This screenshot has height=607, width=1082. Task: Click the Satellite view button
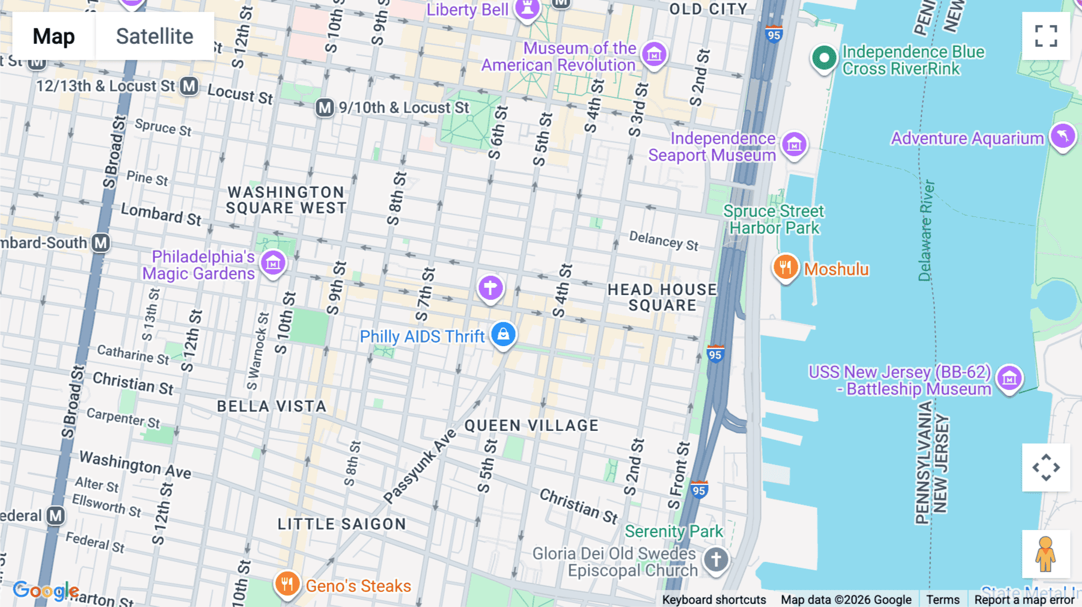coord(154,36)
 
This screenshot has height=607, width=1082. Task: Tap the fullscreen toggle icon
coord(1046,36)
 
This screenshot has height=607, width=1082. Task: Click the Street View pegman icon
coord(1045,554)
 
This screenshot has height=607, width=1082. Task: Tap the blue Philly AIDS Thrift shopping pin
coord(503,334)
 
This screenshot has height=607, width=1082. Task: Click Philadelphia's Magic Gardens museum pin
coord(274,263)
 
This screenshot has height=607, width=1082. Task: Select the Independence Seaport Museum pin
coord(794,144)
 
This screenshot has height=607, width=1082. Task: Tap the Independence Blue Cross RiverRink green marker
coord(824,58)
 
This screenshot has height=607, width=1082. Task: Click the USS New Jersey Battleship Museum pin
coord(1009,378)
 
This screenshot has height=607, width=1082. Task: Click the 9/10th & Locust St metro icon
coord(325,108)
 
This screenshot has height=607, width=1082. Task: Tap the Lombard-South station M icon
coord(100,243)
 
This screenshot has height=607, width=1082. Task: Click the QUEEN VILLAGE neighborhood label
coord(531,426)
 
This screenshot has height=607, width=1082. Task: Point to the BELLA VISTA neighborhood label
coord(271,406)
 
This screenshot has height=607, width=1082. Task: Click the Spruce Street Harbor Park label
coord(773,219)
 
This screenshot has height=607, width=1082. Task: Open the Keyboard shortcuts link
coord(714,599)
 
